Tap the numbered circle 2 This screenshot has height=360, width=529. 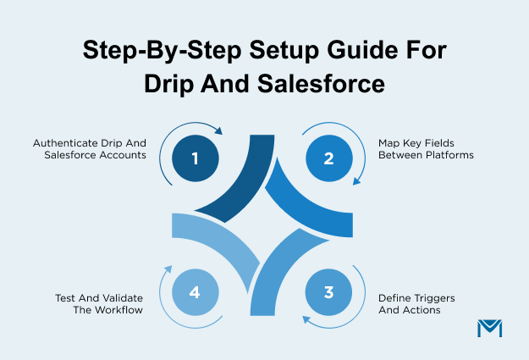(x=328, y=158)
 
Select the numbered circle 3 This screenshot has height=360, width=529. (x=328, y=291)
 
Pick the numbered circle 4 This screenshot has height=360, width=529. (x=195, y=292)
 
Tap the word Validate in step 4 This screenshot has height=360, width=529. (x=120, y=299)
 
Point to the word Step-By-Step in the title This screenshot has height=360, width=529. (x=147, y=51)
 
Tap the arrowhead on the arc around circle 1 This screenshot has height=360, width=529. (x=218, y=131)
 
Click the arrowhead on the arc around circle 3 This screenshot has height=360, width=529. (x=307, y=319)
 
